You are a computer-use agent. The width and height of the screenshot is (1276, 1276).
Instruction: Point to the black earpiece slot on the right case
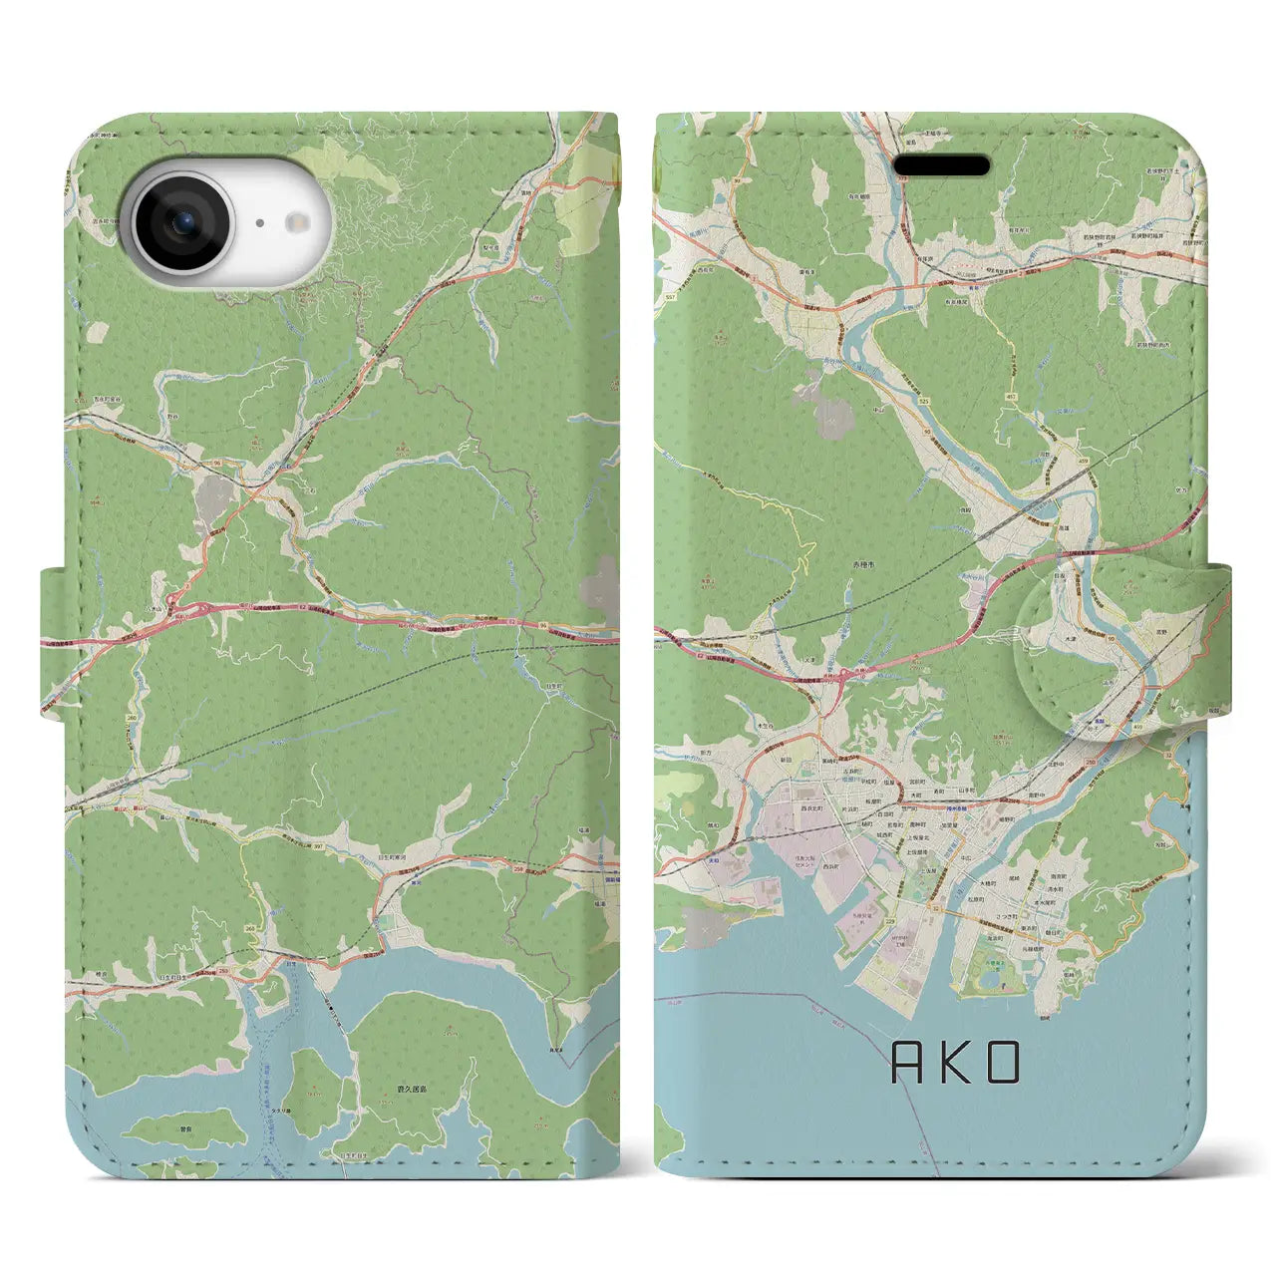tap(941, 165)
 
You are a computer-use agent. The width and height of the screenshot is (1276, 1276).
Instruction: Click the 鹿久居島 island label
tap(411, 1066)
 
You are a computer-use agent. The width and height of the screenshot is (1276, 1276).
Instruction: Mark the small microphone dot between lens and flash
tap(258, 223)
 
